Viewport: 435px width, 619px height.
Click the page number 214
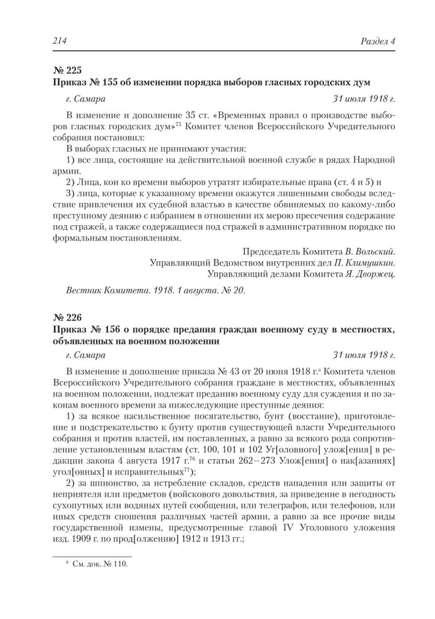[59, 41]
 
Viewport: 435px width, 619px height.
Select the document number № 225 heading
[67, 70]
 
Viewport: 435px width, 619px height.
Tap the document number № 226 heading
[67, 317]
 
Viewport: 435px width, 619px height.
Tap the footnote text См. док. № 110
[100, 564]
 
